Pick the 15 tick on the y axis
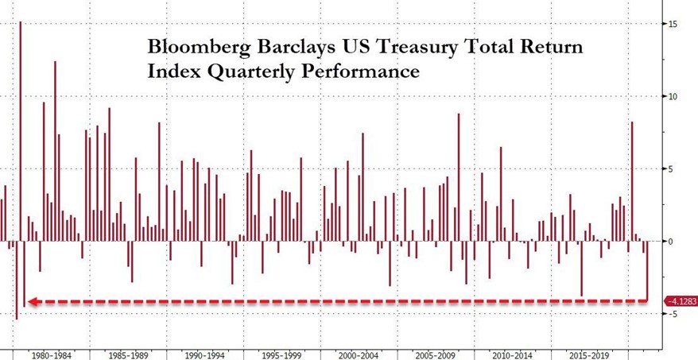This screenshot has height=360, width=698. pos(673,24)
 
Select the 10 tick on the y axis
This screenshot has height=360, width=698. pos(673,96)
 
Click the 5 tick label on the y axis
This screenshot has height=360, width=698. pos(670,168)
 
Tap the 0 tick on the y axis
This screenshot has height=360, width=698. pos(670,241)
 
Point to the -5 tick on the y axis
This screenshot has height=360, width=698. pos(672,314)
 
